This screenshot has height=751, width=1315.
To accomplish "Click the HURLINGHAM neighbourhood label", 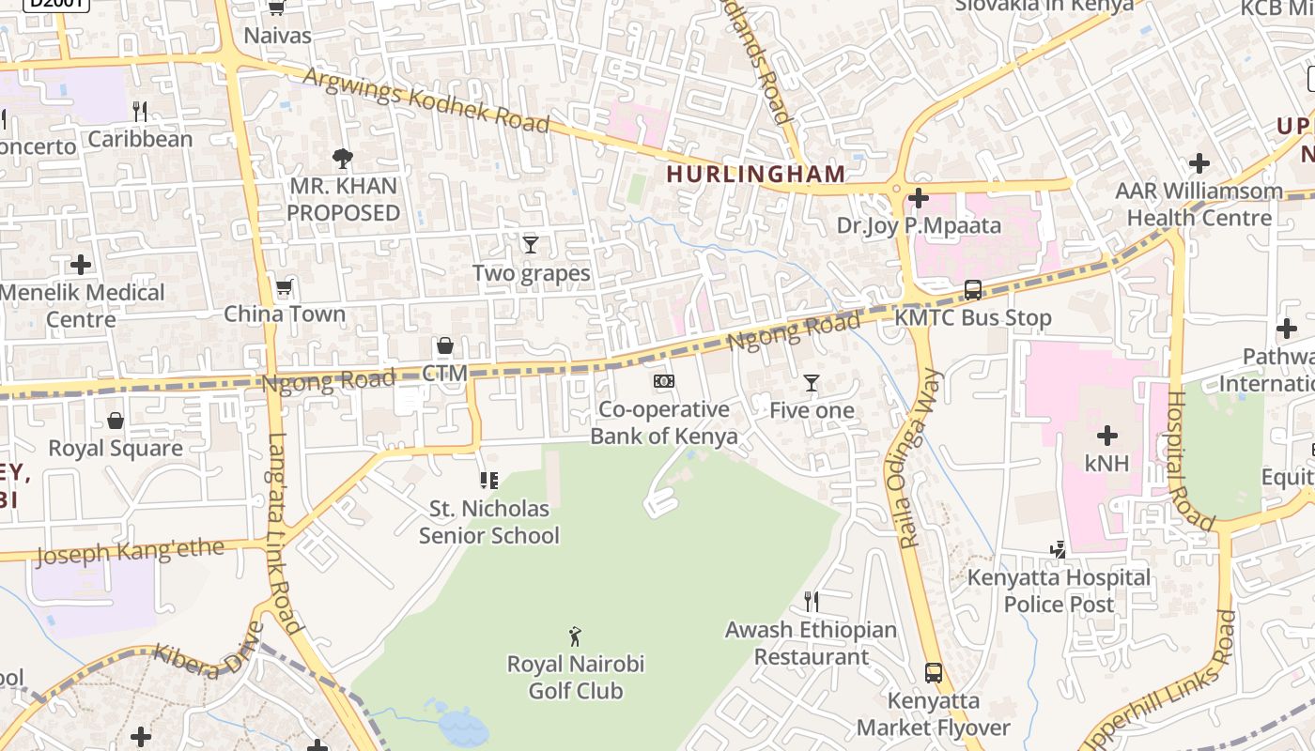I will (x=756, y=174).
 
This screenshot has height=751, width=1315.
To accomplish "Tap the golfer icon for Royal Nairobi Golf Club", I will (x=575, y=636).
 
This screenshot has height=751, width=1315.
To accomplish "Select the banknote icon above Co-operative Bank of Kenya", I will (x=664, y=381).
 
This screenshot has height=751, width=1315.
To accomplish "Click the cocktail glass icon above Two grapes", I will (x=531, y=245).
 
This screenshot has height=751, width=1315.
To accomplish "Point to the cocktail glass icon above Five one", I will (x=812, y=383).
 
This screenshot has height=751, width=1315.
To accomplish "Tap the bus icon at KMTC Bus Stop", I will (x=973, y=290).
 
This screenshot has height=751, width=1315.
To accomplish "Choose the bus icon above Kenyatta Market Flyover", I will (x=933, y=672).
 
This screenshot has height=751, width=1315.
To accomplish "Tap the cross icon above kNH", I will (x=1107, y=436).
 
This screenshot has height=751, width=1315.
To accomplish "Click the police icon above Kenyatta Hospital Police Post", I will (x=1059, y=549).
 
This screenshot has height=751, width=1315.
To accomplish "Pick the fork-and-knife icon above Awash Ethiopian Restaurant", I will (x=812, y=601).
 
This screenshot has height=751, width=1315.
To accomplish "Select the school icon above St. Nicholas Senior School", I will (x=488, y=481).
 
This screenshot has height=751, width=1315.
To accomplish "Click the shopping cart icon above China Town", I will (x=284, y=286).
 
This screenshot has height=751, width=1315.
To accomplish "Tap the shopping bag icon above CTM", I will (x=445, y=346).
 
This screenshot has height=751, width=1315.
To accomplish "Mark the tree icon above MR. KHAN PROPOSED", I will (x=343, y=158).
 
